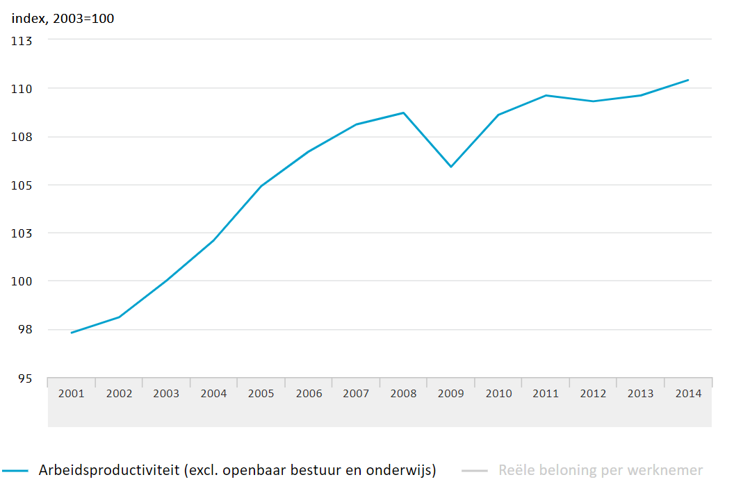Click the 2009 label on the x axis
point(450,393)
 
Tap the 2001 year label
point(72,393)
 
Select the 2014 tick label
point(687,393)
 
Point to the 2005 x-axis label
point(261,393)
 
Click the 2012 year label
point(593,393)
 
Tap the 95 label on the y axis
point(25,378)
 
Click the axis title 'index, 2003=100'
point(63,19)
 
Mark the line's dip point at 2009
point(450,167)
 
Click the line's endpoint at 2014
point(688,80)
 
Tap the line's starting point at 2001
point(72,333)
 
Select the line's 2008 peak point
point(403,112)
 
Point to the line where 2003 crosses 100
point(166,281)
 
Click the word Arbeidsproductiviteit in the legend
point(108,470)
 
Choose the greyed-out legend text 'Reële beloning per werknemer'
point(601,470)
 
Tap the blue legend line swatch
point(15,471)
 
